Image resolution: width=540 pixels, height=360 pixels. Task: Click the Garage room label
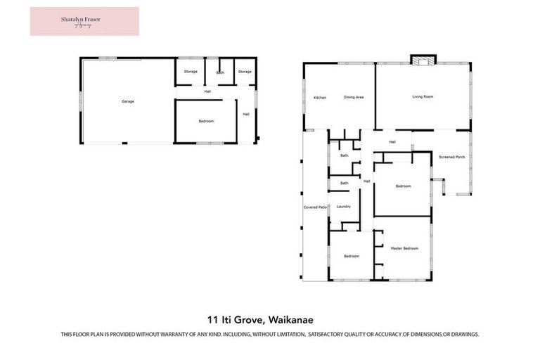127,101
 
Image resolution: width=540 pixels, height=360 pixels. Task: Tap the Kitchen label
320,97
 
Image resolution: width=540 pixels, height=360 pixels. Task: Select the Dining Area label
353,97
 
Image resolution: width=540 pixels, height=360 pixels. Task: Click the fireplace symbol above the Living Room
423,61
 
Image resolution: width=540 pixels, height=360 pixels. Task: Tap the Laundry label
343,207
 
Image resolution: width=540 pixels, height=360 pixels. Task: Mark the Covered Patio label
316,207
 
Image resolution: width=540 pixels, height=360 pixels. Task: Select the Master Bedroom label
404,248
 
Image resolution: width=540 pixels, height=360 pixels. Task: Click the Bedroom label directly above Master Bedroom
403,186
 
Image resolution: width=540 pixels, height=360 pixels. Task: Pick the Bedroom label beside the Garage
206,121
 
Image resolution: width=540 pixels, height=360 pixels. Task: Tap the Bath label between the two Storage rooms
220,72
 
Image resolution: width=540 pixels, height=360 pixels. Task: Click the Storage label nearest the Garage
191,72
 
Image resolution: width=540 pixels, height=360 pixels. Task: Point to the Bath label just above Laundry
344,184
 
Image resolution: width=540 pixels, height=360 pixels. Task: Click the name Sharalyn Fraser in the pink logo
84,19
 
